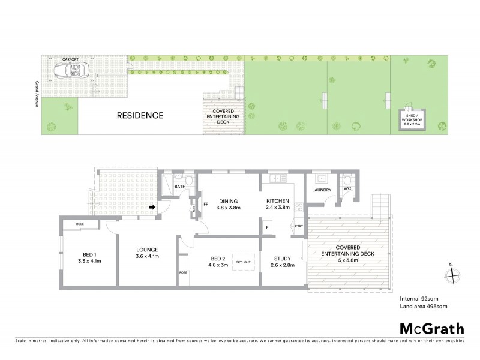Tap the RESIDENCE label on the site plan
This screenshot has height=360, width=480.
click(x=139, y=115)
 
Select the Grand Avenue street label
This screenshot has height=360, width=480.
click(x=37, y=93)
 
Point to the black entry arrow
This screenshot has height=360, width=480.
click(x=152, y=208)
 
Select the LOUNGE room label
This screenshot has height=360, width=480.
click(x=146, y=254)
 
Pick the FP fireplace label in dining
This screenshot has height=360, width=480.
click(x=205, y=203)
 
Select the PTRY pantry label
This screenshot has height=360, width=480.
click(x=299, y=226)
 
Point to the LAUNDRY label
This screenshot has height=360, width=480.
click(x=322, y=191)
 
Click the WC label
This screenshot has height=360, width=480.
click(x=346, y=188)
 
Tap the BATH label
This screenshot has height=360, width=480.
click(x=180, y=187)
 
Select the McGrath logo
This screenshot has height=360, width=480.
click(x=431, y=328)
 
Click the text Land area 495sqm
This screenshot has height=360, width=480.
click(x=424, y=306)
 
